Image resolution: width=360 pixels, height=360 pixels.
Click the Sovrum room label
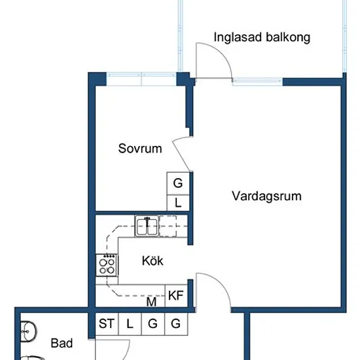click(x=140, y=149)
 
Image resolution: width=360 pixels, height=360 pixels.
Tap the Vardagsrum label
click(x=266, y=196)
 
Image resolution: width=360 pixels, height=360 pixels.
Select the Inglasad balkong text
click(x=262, y=37)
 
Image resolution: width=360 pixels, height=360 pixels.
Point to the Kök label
click(x=153, y=261)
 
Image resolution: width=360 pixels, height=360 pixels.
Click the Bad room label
click(x=62, y=343)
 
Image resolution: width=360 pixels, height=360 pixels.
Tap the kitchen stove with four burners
click(x=107, y=265)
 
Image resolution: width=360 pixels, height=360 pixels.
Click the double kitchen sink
click(x=147, y=226)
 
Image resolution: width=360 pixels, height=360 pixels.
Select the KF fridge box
click(x=176, y=296)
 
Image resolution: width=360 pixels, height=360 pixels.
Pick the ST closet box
click(x=107, y=324)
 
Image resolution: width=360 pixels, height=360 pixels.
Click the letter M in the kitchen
click(x=151, y=302)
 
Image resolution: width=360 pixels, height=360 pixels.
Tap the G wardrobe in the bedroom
click(x=178, y=183)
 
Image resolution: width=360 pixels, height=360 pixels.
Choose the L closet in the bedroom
click(x=178, y=203)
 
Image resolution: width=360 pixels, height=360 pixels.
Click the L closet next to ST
click(x=130, y=324)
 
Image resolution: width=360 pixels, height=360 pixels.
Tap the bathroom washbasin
click(x=28, y=332)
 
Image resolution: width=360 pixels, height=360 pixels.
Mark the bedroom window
click(x=141, y=79)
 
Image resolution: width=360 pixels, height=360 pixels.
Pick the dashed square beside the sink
click(x=168, y=226)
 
